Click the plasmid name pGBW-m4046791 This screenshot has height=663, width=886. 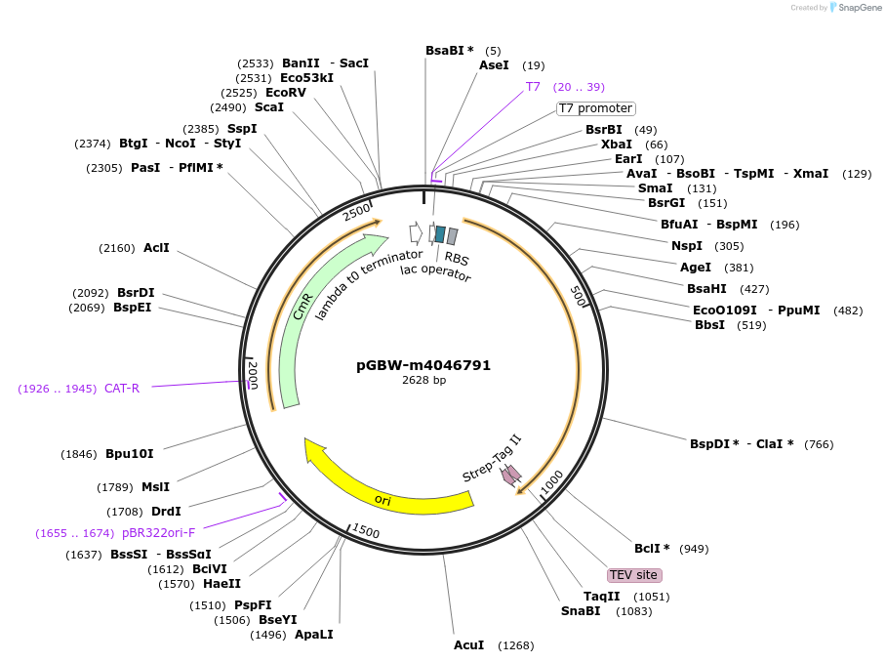[423, 365]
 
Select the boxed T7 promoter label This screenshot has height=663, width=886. [595, 108]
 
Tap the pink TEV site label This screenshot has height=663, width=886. [634, 575]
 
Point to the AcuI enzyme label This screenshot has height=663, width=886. [468, 645]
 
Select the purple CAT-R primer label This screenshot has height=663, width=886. [122, 389]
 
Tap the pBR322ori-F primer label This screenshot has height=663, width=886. [158, 533]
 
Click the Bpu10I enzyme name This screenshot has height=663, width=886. [130, 454]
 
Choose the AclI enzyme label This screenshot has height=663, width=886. [156, 248]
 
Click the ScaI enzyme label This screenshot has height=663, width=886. [269, 107]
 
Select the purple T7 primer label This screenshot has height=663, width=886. [533, 87]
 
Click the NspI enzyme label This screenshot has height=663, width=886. [687, 246]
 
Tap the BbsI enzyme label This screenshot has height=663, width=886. [709, 325]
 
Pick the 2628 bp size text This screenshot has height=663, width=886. [423, 381]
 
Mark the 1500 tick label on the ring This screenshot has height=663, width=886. [366, 530]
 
